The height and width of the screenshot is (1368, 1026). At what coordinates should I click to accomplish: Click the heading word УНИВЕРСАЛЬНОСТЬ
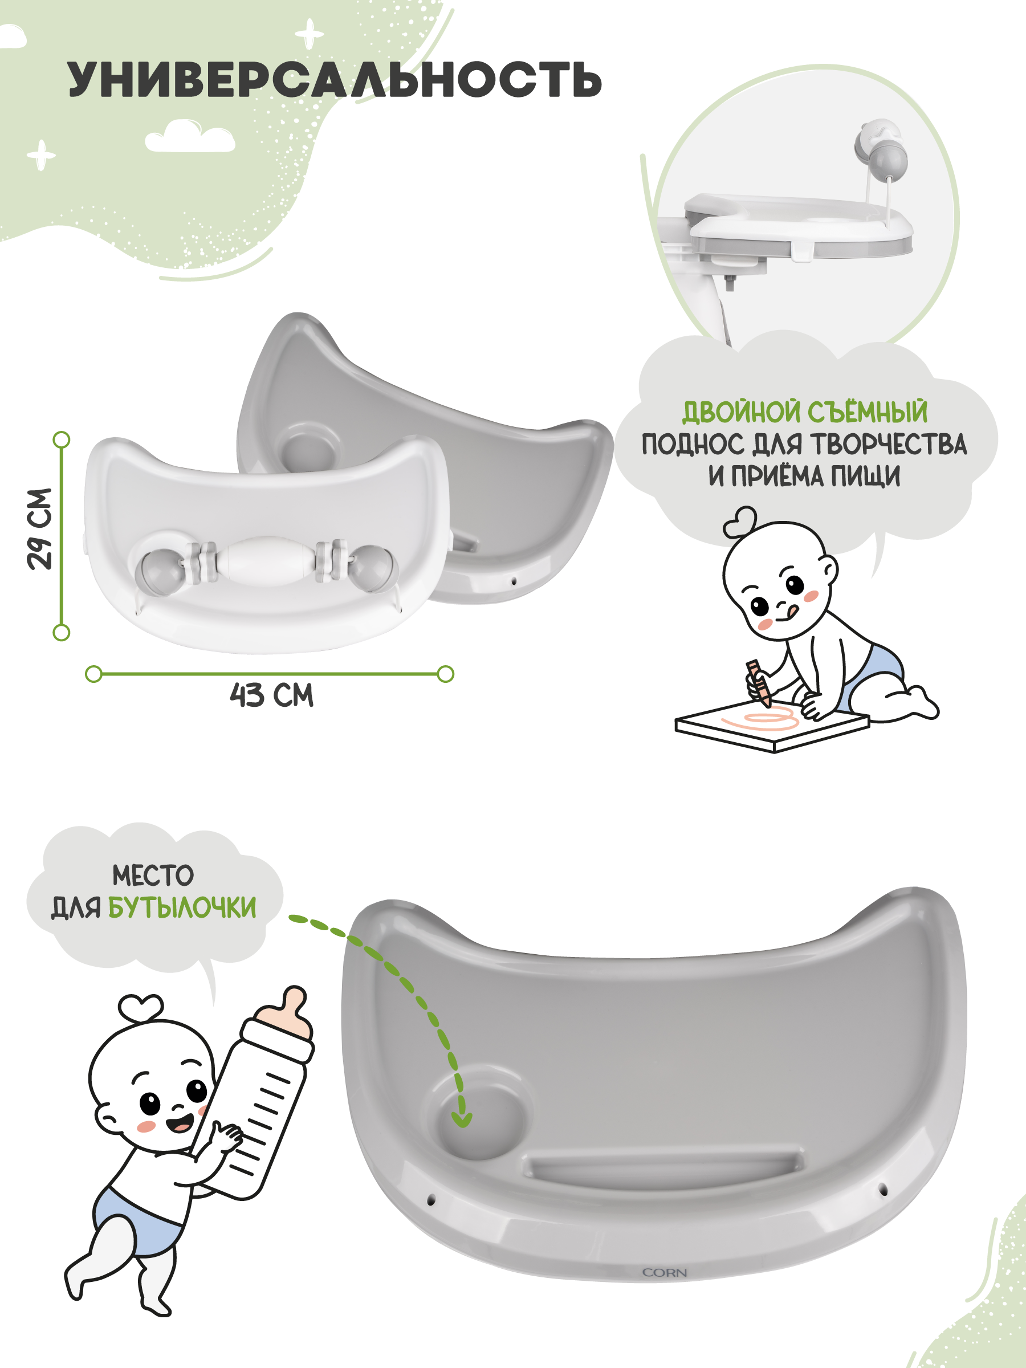point(335,79)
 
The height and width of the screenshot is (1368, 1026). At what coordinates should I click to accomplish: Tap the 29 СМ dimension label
point(39,529)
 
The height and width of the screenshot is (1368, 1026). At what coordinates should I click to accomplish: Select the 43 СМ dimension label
point(271,695)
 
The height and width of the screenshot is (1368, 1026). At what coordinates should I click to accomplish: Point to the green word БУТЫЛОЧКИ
point(182,908)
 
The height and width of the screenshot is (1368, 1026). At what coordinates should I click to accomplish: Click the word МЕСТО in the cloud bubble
point(153,876)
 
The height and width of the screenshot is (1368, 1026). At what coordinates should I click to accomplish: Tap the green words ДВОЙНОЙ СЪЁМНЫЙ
point(805,412)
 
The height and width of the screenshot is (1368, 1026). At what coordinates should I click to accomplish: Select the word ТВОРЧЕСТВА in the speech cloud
point(889,445)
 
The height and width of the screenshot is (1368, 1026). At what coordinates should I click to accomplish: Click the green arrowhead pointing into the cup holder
point(461,1118)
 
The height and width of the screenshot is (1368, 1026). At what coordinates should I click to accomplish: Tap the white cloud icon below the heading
point(190,137)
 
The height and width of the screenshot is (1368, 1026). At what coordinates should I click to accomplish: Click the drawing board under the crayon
point(772,726)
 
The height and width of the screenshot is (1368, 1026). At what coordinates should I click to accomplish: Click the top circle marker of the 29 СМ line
point(61,439)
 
